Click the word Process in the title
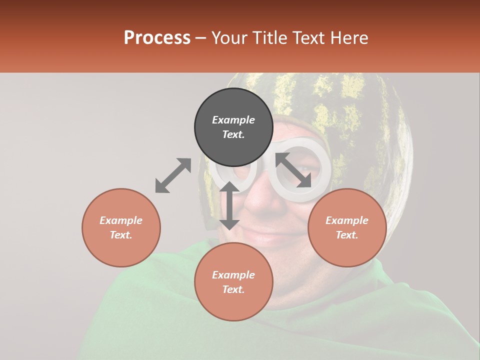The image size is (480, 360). point(157,38)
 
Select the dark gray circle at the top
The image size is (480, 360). point(233,127)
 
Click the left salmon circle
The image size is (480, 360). point(121,227)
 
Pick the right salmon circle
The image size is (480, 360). point(347,227)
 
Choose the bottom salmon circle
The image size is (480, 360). point(233,282)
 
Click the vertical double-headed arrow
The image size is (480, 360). point(229,205)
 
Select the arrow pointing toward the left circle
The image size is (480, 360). point(173,175)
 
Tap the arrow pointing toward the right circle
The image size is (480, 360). point(293,170)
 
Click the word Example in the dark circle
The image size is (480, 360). point(233,120)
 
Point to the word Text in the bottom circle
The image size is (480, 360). point(233,289)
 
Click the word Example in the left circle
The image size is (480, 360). point(121,220)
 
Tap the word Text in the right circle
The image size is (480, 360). point(346,235)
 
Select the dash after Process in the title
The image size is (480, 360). point(200,38)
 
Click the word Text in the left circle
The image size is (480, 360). point(121,235)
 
